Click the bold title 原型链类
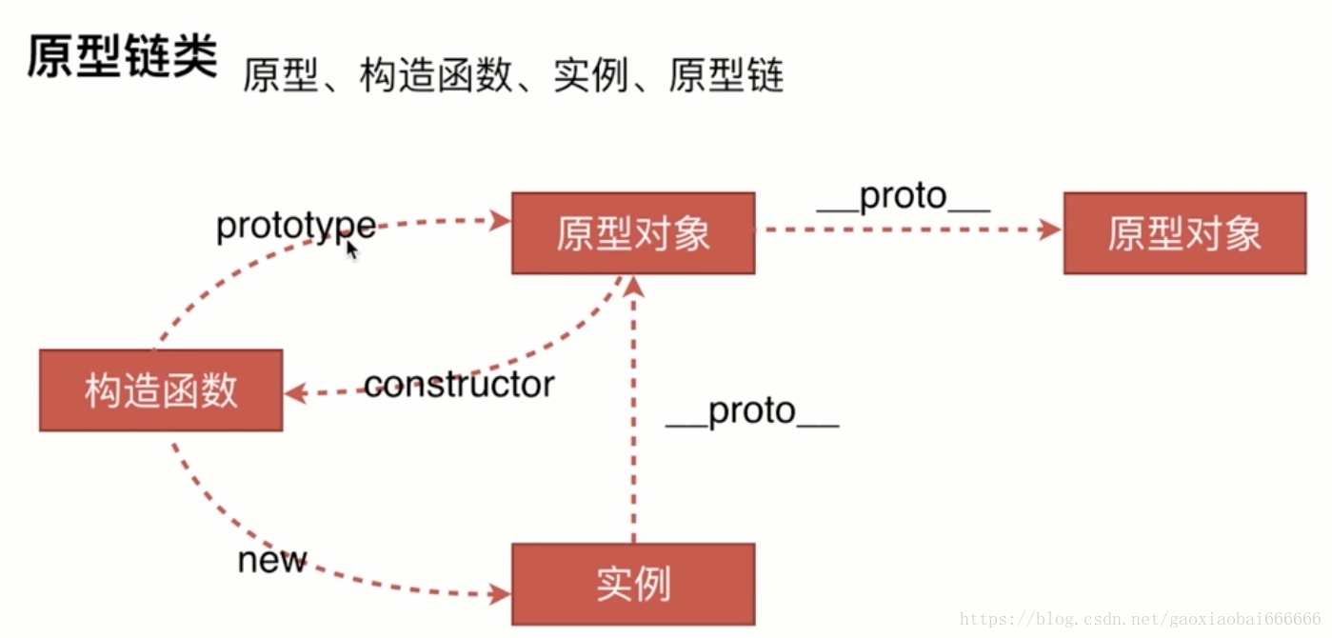(122, 58)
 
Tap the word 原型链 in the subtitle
(726, 75)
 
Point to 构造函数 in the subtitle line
(436, 75)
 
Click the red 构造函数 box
(161, 390)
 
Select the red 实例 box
(633, 584)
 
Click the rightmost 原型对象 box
(1184, 233)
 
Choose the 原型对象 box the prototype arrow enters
(633, 233)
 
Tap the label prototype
(295, 227)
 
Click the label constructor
(459, 385)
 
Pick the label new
(272, 560)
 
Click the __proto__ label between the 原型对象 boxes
(904, 197)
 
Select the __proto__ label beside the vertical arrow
(752, 411)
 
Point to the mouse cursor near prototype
(351, 249)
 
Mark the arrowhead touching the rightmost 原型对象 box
(1050, 229)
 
